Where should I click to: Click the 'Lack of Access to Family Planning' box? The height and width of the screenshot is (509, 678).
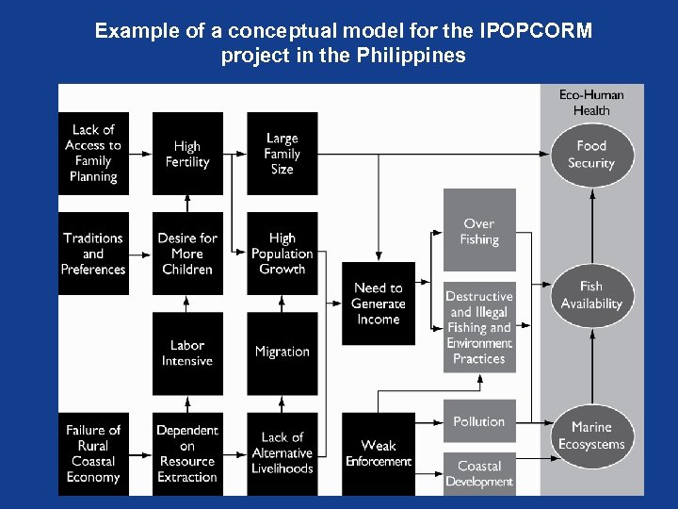click(x=93, y=153)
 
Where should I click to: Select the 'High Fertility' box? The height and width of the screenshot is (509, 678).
click(x=187, y=153)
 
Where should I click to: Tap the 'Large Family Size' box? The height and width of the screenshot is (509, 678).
click(x=282, y=153)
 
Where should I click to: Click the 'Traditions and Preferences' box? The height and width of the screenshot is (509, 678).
click(x=93, y=254)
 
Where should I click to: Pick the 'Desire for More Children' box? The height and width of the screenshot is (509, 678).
click(x=187, y=254)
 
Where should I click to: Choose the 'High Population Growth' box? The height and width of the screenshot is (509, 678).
click(x=282, y=254)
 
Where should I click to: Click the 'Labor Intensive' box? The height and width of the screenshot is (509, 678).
click(x=187, y=353)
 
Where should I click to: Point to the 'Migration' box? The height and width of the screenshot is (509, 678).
click(x=282, y=353)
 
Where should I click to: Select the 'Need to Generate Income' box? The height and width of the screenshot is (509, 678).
click(x=378, y=304)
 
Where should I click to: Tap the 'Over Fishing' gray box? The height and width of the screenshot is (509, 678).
click(x=479, y=231)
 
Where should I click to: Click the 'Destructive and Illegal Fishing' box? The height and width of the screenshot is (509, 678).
click(x=479, y=327)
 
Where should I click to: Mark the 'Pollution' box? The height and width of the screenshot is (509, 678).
click(x=479, y=422)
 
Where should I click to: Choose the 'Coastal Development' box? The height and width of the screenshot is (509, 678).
click(x=479, y=473)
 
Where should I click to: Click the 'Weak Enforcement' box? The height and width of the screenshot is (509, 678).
click(x=378, y=453)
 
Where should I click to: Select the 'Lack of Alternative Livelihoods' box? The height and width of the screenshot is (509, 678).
click(x=282, y=453)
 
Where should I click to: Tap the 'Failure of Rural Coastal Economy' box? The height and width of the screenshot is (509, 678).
click(x=93, y=453)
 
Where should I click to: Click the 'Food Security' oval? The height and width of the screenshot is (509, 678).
click(x=591, y=154)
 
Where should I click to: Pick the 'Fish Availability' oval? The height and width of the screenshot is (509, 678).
click(x=591, y=295)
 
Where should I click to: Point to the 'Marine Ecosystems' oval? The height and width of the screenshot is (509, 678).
click(x=591, y=435)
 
